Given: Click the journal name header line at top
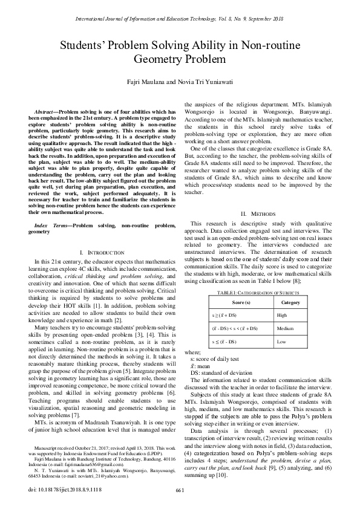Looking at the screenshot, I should pyautogui.click(x=180, y=19).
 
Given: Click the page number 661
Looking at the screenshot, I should pyautogui.click(x=180, y=490).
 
